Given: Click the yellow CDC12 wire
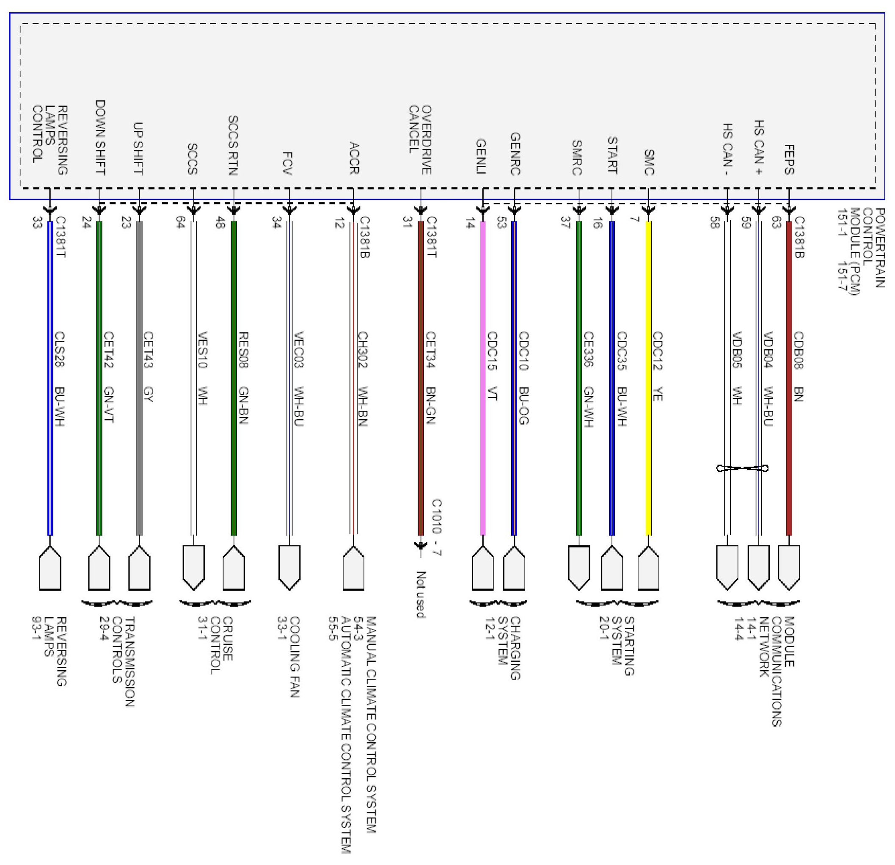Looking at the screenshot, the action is click(648, 378).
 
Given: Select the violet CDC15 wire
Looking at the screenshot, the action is click(483, 378).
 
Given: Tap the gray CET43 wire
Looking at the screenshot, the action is click(139, 378).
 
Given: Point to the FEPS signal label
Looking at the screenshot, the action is click(789, 160).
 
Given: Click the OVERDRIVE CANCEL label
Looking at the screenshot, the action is click(420, 140).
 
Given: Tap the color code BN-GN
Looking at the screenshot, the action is click(430, 405).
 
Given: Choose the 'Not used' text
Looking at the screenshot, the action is click(421, 594).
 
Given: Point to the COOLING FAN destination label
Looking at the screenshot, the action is click(289, 657).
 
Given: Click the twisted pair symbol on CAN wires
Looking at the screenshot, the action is click(743, 468).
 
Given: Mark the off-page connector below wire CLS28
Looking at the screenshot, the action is click(50, 567).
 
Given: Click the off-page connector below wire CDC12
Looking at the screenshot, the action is click(648, 567).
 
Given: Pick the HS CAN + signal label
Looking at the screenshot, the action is click(758, 148).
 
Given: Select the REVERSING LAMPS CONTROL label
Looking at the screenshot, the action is click(50, 140).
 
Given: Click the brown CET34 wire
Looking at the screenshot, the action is click(421, 378).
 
